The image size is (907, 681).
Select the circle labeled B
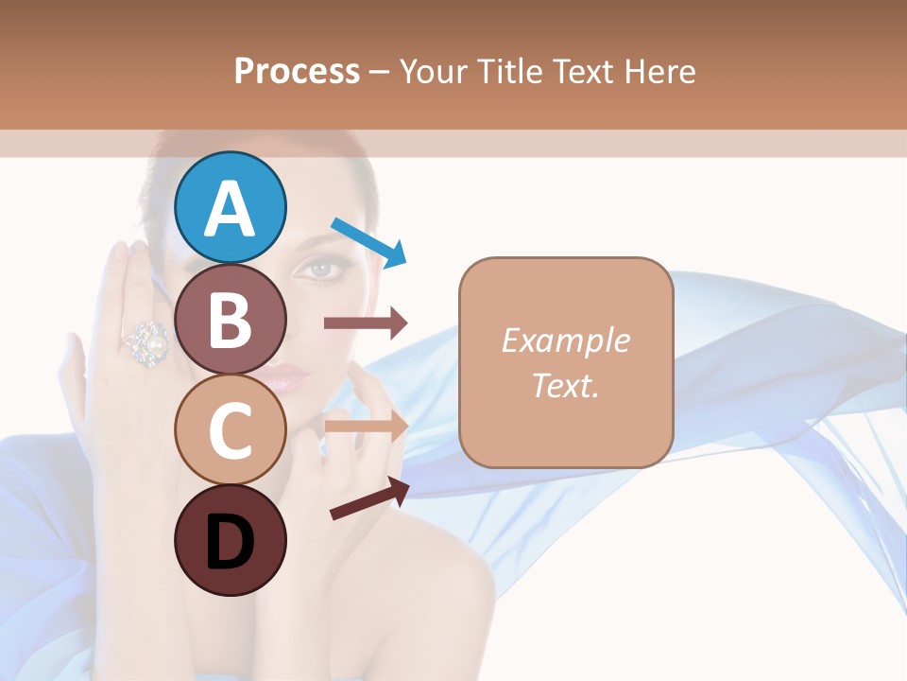coord(231,319)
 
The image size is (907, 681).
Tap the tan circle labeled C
coord(231,429)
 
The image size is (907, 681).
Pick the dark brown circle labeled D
coord(231,541)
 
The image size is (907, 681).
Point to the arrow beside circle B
coord(365,323)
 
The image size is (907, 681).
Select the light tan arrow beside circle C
coord(365,427)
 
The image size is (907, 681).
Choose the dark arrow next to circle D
coord(368,498)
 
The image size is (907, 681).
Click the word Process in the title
coord(297,71)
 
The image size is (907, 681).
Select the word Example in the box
coord(565,340)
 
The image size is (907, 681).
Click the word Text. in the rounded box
coord(565,385)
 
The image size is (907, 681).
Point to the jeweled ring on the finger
coord(147,341)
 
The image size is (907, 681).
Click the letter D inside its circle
coord(231,543)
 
